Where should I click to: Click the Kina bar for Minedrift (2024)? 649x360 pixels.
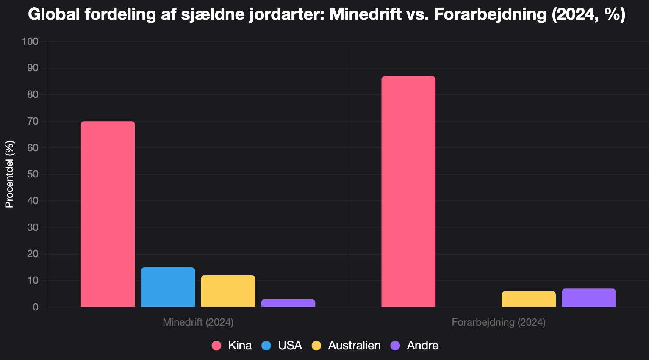pyautogui.click(x=108, y=214)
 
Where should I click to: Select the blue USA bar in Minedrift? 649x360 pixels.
pyautogui.click(x=168, y=287)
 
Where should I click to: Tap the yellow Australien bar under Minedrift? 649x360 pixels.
pyautogui.click(x=228, y=291)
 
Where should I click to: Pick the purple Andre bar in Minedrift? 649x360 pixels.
pyautogui.click(x=288, y=303)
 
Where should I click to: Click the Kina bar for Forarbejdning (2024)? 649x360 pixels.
pyautogui.click(x=408, y=191)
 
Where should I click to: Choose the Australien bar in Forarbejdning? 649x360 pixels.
pyautogui.click(x=528, y=299)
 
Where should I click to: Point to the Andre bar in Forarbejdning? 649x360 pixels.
pyautogui.click(x=588, y=298)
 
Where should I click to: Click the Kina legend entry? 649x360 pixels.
pyautogui.click(x=232, y=346)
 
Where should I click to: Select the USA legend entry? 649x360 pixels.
pyautogui.click(x=282, y=346)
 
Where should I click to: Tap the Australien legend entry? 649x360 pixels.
pyautogui.click(x=346, y=346)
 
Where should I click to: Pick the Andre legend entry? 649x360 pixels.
pyautogui.click(x=414, y=346)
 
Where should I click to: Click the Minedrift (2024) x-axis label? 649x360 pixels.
pyautogui.click(x=198, y=322)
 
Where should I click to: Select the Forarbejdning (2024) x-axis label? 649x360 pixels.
pyautogui.click(x=498, y=322)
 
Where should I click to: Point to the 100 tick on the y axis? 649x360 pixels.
pyautogui.click(x=30, y=42)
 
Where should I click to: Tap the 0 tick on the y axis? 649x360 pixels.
pyautogui.click(x=36, y=307)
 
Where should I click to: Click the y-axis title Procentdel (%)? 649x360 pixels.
pyautogui.click(x=9, y=174)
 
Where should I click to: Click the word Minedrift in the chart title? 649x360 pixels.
pyautogui.click(x=365, y=15)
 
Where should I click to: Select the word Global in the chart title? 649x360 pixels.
pyautogui.click(x=54, y=15)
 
